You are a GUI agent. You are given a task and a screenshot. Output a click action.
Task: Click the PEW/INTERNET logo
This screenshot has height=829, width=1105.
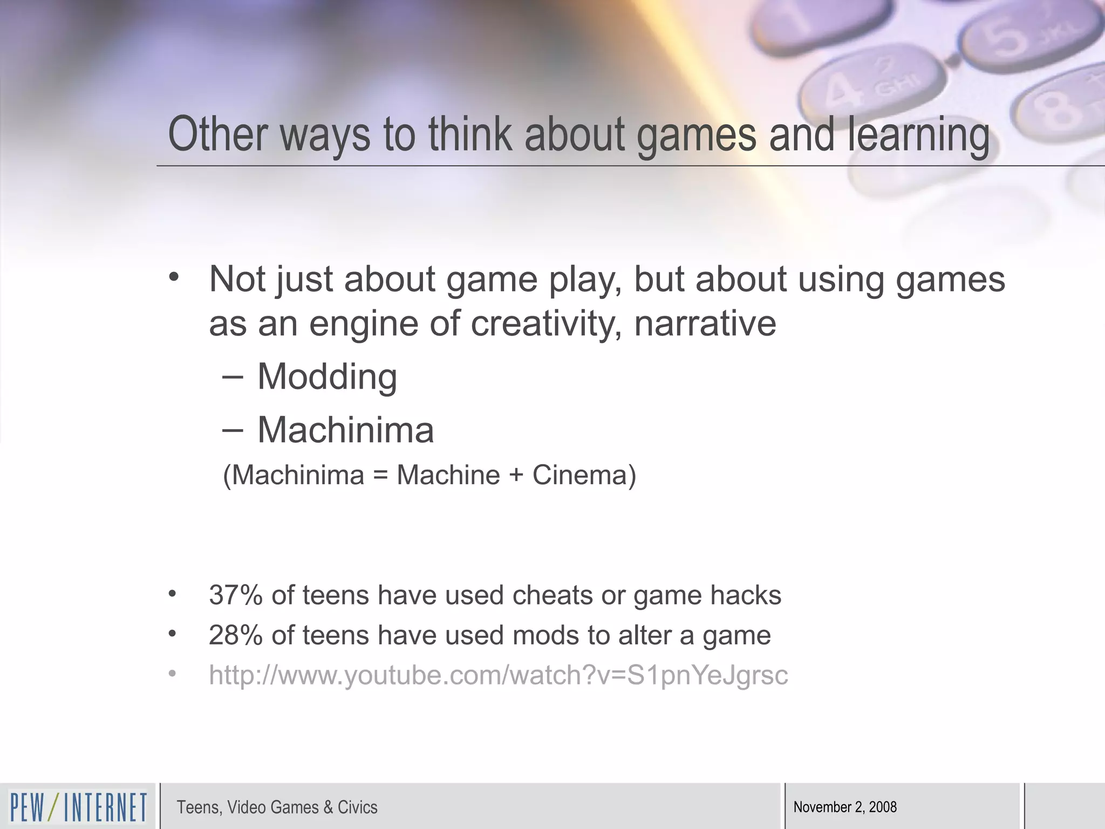pyautogui.click(x=78, y=807)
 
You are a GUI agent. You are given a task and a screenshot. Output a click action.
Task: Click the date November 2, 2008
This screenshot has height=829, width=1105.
pyautogui.click(x=845, y=807)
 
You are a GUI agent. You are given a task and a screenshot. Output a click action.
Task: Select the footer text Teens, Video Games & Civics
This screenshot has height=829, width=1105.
pyautogui.click(x=277, y=807)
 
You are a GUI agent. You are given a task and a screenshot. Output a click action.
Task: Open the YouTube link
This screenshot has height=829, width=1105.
pyautogui.click(x=498, y=675)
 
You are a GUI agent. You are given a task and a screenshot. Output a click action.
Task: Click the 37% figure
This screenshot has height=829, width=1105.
pyautogui.click(x=235, y=595)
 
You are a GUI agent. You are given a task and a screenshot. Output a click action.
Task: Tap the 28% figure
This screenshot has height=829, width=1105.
pyautogui.click(x=235, y=635)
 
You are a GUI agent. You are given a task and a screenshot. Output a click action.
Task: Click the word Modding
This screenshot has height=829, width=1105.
pyautogui.click(x=327, y=376)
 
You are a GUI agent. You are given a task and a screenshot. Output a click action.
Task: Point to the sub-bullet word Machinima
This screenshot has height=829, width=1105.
pyautogui.click(x=345, y=430)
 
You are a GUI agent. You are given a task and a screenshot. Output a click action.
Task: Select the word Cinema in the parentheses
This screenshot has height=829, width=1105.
pyautogui.click(x=581, y=475)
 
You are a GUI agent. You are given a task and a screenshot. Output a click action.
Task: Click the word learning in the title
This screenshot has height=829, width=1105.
pyautogui.click(x=918, y=135)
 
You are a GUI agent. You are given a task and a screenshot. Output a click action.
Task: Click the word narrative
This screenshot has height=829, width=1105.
pyautogui.click(x=705, y=324)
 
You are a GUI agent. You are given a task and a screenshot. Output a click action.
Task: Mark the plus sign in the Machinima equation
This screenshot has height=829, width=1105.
pyautogui.click(x=516, y=475)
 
